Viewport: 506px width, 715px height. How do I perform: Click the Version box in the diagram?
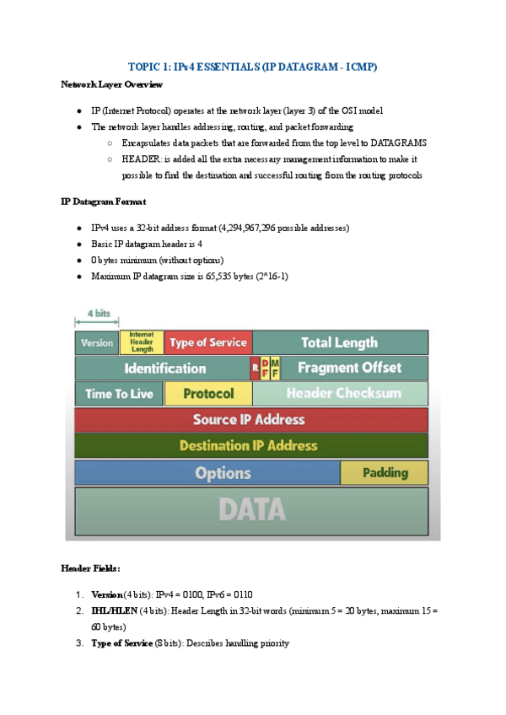(97, 342)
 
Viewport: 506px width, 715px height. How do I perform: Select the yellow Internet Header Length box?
(142, 341)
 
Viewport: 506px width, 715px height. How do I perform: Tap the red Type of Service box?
(207, 342)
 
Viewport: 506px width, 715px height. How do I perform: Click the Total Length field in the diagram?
(340, 342)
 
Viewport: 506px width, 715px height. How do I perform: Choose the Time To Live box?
(119, 394)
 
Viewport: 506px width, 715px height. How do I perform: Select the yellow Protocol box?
(208, 394)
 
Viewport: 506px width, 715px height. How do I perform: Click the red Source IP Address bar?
(250, 420)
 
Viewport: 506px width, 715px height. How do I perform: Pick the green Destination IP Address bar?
(250, 445)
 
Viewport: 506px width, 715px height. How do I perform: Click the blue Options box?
(207, 473)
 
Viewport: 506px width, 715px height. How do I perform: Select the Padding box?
(384, 473)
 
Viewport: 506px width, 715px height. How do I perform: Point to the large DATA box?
(250, 509)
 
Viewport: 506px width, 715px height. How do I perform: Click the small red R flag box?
(255, 368)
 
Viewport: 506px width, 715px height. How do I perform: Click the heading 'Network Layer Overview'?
(112, 84)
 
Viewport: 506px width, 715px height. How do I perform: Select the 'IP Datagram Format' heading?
(103, 202)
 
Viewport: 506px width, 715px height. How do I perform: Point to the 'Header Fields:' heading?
(91, 568)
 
